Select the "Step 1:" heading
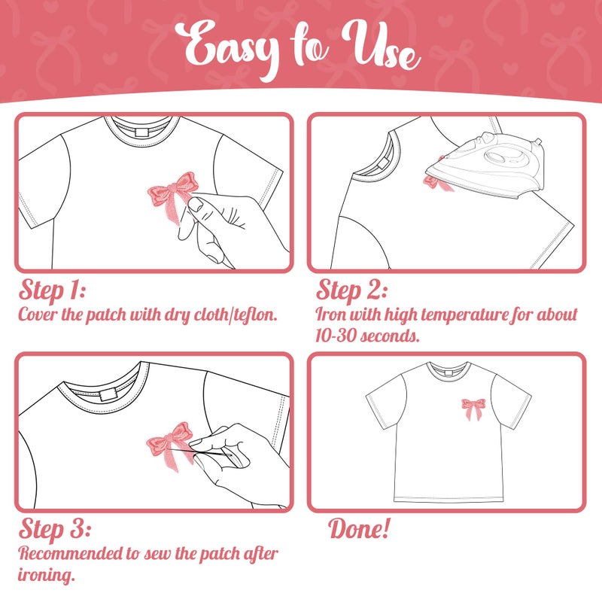[x=52, y=290]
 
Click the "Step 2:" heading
[x=351, y=290]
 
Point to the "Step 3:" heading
[x=54, y=529]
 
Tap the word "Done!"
[x=360, y=528]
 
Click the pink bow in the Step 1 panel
[x=173, y=195]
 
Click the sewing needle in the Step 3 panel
[x=199, y=452]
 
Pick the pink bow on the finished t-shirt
[x=473, y=409]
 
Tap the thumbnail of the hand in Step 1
[x=196, y=205]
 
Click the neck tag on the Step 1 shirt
[x=141, y=133]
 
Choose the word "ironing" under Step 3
[x=46, y=575]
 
